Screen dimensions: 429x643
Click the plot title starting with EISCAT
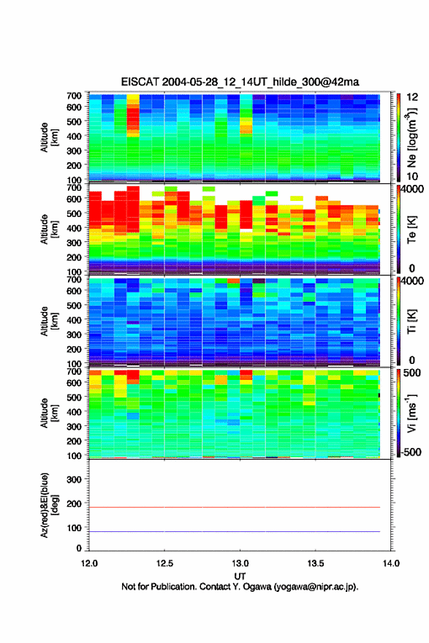pyautogui.click(x=240, y=82)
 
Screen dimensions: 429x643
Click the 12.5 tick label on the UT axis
pyautogui.click(x=164, y=563)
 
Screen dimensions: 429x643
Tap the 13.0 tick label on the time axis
pyautogui.click(x=240, y=563)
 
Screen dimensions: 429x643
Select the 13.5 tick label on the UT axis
pyautogui.click(x=316, y=563)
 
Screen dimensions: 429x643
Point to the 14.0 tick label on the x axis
pyautogui.click(x=391, y=563)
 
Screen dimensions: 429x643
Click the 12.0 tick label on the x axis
pyautogui.click(x=89, y=563)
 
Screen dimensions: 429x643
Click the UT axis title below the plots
pyautogui.click(x=240, y=577)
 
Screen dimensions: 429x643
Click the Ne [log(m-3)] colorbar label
pyautogui.click(x=411, y=138)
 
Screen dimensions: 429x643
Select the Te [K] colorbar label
pyautogui.click(x=411, y=230)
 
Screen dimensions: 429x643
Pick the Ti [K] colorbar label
pyautogui.click(x=411, y=321)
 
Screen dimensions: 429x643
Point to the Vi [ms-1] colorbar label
pyautogui.click(x=411, y=413)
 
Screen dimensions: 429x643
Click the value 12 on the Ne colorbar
pyautogui.click(x=411, y=97)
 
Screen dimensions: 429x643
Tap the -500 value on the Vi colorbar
pyautogui.click(x=411, y=452)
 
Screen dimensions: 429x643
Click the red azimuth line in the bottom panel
pyautogui.click(x=235, y=507)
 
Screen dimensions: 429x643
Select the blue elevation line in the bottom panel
pyautogui.click(x=235, y=531)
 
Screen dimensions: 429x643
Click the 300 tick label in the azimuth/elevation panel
pyautogui.click(x=75, y=479)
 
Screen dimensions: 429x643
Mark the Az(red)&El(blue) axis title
pyautogui.click(x=49, y=505)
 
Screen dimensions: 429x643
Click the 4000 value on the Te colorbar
pyautogui.click(x=411, y=189)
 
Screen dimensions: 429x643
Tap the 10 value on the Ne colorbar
pyautogui.click(x=411, y=176)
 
